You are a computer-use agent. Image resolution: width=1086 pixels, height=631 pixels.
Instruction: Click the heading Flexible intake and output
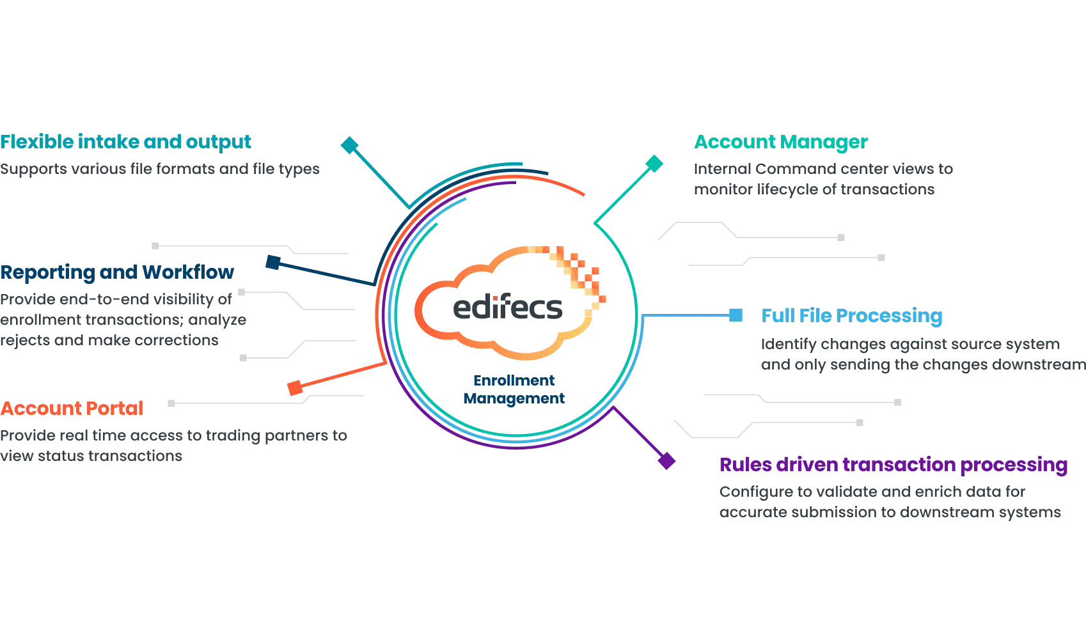click(x=126, y=142)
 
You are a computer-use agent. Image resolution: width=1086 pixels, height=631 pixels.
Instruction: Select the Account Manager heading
click(x=781, y=142)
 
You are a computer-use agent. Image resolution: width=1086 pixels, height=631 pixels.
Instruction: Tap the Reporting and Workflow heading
click(x=118, y=272)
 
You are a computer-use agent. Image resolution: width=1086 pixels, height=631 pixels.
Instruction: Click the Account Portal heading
click(x=72, y=409)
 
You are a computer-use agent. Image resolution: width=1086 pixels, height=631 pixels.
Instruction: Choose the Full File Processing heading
click(x=852, y=316)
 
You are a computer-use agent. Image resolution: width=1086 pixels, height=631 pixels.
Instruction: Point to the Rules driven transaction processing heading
click(x=893, y=465)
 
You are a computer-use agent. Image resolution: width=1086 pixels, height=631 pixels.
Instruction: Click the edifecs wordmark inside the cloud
click(x=508, y=308)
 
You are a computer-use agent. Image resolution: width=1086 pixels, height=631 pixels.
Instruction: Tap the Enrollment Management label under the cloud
click(x=514, y=389)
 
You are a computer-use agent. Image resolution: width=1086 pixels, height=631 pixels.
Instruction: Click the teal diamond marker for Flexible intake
click(x=349, y=145)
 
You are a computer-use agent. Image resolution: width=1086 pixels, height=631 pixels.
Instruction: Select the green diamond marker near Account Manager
click(x=654, y=164)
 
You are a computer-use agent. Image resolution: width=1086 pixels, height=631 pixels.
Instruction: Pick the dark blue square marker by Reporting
click(x=273, y=262)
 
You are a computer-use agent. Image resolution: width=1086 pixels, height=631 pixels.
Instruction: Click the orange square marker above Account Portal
click(x=295, y=387)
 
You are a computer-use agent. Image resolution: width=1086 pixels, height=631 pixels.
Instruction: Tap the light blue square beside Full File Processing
click(x=736, y=315)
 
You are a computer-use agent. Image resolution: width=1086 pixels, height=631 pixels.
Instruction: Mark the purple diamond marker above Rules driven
click(x=667, y=460)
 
